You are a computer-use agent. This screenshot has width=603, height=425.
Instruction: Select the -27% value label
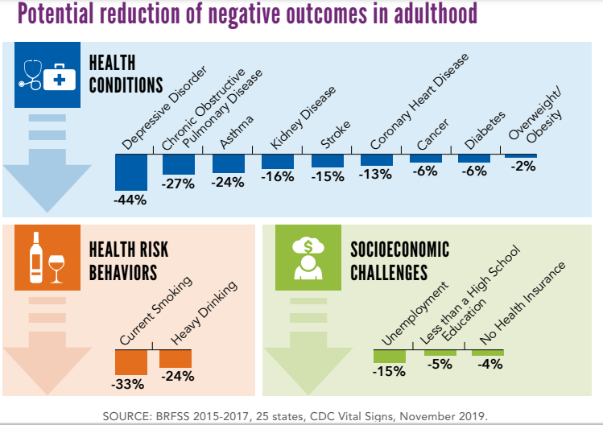click(x=178, y=184)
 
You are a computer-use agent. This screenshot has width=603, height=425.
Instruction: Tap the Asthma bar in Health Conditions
click(x=228, y=163)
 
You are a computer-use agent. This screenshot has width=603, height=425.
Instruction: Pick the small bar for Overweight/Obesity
click(x=520, y=155)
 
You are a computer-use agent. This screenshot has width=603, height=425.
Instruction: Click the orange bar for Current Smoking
click(x=131, y=363)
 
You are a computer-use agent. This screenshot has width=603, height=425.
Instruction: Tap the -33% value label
click(x=129, y=385)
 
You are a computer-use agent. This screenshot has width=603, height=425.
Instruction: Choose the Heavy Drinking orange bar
click(x=175, y=358)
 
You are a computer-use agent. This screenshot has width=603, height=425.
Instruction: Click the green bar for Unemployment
click(x=389, y=355)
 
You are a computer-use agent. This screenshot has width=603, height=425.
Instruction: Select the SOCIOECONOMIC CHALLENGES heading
click(x=399, y=260)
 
